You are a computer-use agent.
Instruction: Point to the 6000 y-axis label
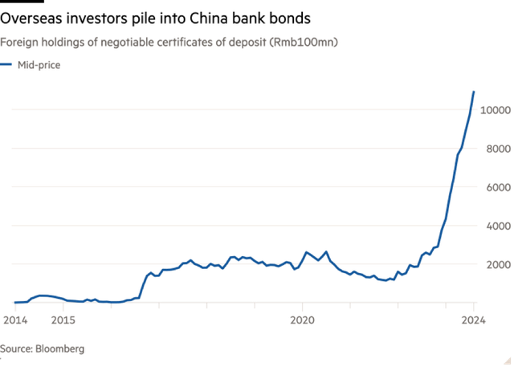point(497,189)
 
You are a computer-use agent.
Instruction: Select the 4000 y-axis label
point(497,227)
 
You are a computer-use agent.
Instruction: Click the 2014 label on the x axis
point(14,320)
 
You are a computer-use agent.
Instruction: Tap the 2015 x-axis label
point(63,320)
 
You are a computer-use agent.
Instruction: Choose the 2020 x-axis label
point(303,320)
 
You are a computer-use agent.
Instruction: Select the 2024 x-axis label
point(475,320)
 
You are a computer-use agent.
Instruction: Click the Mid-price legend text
point(39,65)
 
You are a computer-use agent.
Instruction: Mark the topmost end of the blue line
point(475,91)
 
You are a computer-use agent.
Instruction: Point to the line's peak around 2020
point(305,252)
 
